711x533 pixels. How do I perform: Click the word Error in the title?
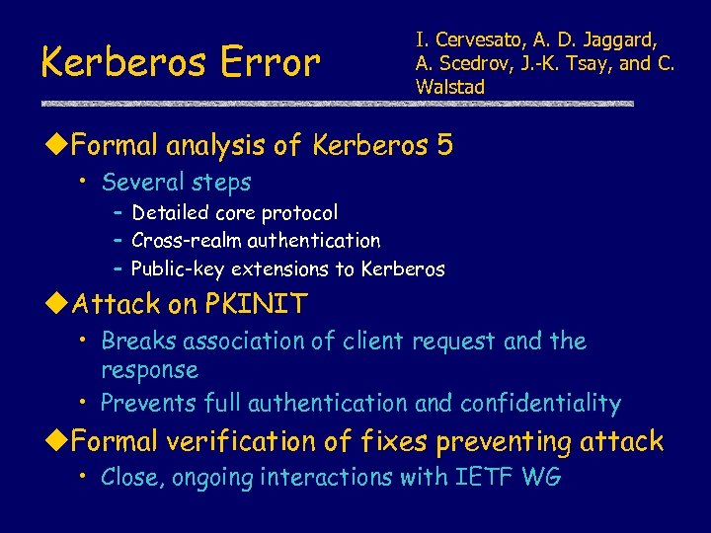tap(266, 62)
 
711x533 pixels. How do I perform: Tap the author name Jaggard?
tap(620, 40)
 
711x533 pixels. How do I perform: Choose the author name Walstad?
tap(450, 87)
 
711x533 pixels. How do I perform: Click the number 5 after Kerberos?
tap(444, 146)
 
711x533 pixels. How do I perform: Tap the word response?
tap(149, 371)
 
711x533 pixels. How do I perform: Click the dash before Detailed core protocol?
tap(118, 212)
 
